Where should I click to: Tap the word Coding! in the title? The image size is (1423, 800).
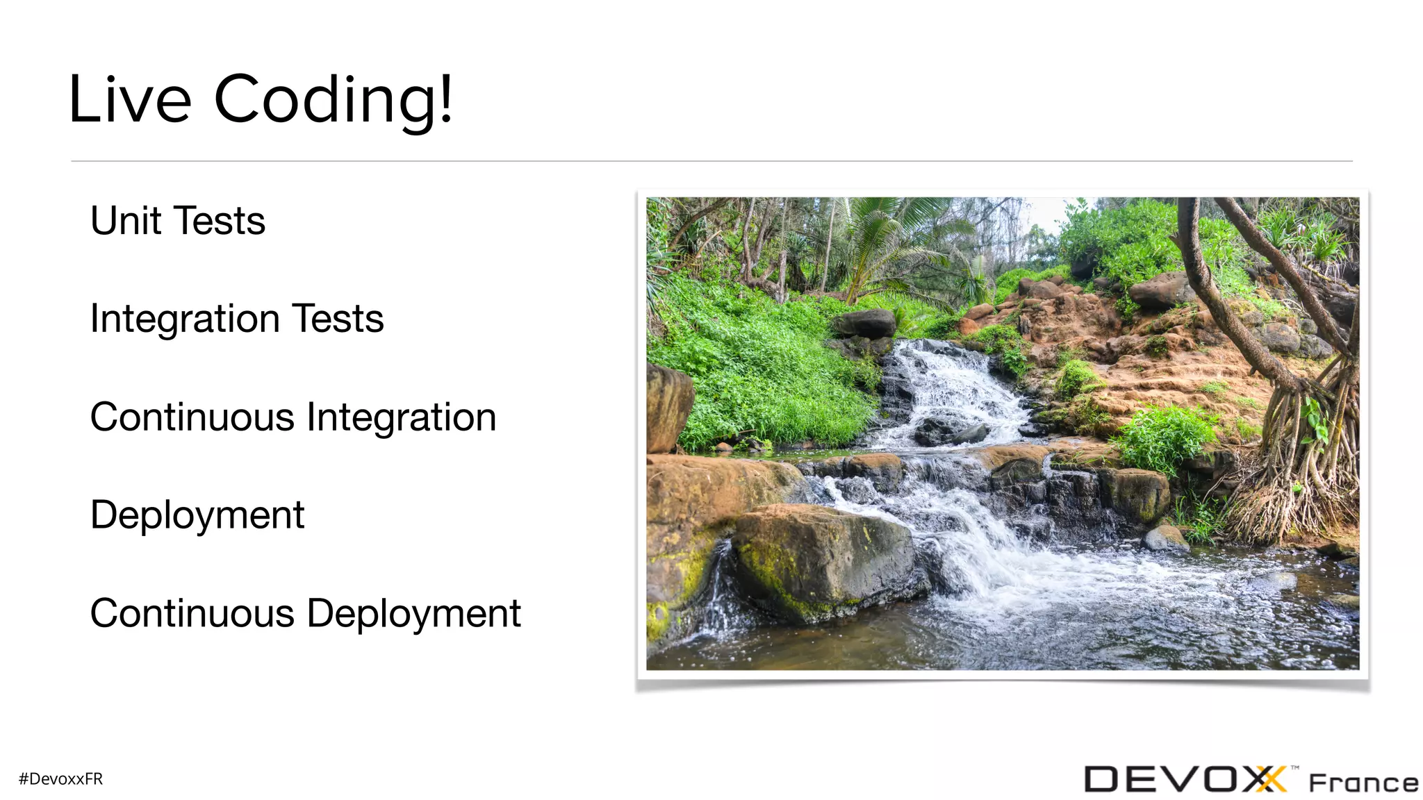click(334, 101)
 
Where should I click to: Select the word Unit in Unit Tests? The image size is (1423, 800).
click(126, 221)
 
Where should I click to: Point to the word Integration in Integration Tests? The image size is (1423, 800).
click(185, 319)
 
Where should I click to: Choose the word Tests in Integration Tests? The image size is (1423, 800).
click(338, 319)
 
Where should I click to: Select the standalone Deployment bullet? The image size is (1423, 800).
click(197, 516)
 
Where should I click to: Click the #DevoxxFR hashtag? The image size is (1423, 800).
click(61, 779)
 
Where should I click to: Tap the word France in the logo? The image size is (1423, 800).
click(1363, 783)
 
